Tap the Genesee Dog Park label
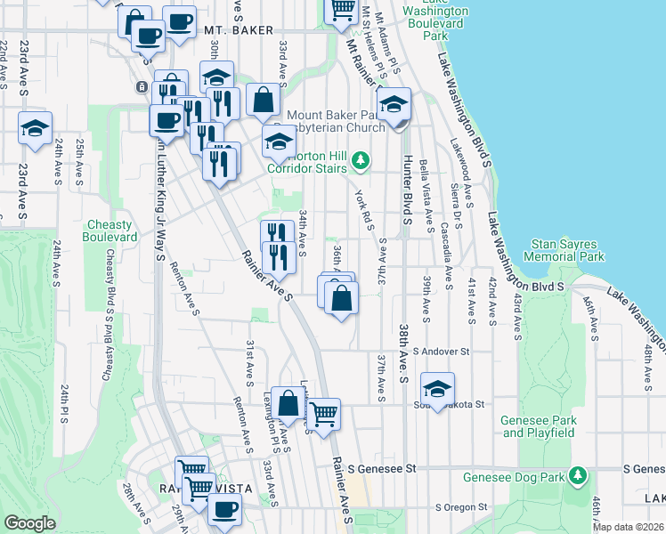point(516,477)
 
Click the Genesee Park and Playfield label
point(540,427)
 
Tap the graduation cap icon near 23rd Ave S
point(35,128)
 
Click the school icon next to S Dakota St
point(437,389)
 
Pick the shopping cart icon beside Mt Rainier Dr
point(343,10)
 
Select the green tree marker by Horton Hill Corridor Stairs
point(360,161)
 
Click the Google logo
point(30,522)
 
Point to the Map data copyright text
point(629,527)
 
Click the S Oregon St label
point(463,507)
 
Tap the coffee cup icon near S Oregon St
point(224,509)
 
